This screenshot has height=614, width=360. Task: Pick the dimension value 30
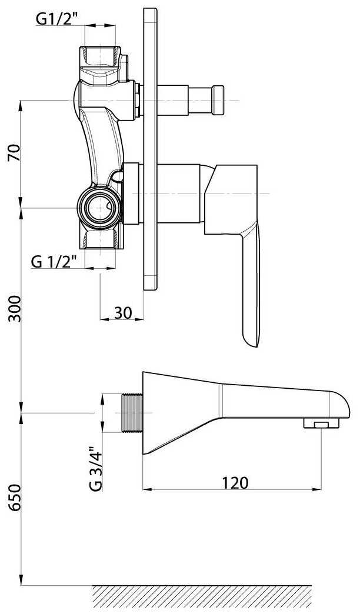click(122, 313)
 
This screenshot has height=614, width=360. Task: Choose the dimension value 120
click(235, 483)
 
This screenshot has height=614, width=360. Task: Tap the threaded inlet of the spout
click(132, 413)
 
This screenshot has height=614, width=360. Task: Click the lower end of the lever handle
click(251, 335)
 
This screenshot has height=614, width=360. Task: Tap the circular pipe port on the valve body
click(99, 206)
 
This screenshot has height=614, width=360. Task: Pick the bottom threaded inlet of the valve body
click(104, 239)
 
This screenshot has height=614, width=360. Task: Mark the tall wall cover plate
click(150, 147)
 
